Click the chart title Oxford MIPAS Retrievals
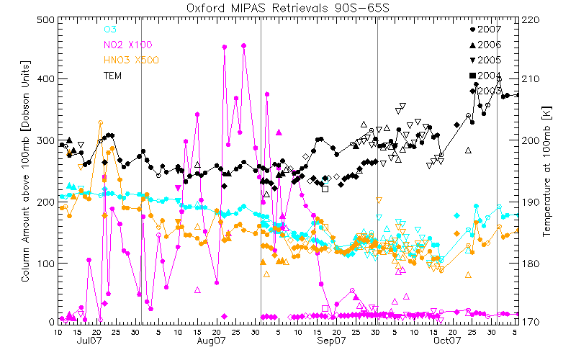[x=287, y=8]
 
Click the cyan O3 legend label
[x=110, y=30]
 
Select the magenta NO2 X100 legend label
[x=131, y=45]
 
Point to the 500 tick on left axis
[x=44, y=20]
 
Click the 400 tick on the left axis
[x=44, y=78]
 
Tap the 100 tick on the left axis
[x=44, y=264]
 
